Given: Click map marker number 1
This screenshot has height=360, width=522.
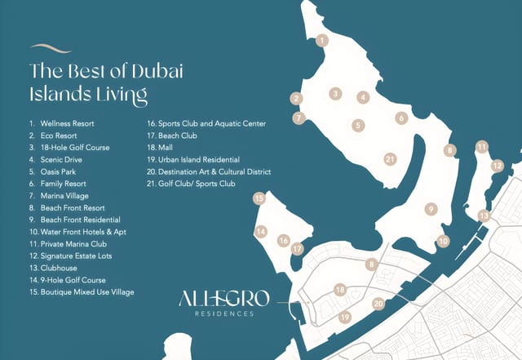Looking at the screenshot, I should (323, 39).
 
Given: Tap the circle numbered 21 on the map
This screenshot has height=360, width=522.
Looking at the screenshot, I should (390, 159).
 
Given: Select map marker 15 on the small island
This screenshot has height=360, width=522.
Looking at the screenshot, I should (259, 198).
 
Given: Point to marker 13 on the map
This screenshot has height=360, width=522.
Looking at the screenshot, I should (484, 216).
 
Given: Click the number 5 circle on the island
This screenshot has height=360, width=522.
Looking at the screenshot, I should (358, 126).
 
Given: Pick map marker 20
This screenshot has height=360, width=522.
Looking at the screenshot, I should (378, 304).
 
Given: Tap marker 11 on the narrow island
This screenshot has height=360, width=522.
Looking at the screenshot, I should (483, 147).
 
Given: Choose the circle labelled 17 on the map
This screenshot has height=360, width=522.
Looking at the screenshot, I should (298, 249).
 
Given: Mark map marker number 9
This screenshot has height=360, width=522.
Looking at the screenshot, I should (429, 209).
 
